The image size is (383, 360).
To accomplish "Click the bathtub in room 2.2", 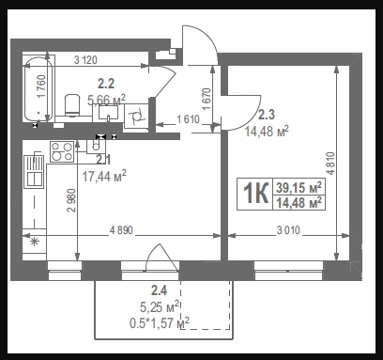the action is pyautogui.click(x=38, y=88).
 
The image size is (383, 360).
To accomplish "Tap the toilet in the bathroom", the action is pyautogui.click(x=72, y=105).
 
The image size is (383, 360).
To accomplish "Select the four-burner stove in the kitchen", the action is pyautogui.click(x=62, y=151).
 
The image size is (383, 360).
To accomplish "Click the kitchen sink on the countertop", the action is pyautogui.click(x=34, y=170).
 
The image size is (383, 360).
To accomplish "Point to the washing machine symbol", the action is pyautogui.click(x=136, y=117).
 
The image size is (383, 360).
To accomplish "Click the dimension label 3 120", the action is pyautogui.click(x=85, y=59).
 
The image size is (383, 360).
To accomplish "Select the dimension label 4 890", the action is pyautogui.click(x=121, y=230).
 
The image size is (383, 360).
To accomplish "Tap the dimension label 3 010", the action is pyautogui.click(x=288, y=230).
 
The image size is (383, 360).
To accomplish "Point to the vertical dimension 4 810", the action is pyautogui.click(x=330, y=163).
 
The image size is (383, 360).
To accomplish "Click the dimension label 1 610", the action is pyautogui.click(x=188, y=119).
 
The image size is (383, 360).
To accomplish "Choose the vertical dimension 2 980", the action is pyautogui.click(x=71, y=200).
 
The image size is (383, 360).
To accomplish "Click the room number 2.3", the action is pyautogui.click(x=267, y=115).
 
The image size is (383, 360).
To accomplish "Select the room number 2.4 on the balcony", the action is pyautogui.click(x=159, y=290).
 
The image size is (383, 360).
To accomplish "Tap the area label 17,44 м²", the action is pyautogui.click(x=104, y=176).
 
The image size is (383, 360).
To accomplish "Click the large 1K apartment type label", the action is pyautogui.click(x=256, y=194).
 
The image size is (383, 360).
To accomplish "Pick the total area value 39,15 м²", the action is pyautogui.click(x=299, y=187).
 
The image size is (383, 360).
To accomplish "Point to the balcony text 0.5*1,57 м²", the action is pyautogui.click(x=160, y=322).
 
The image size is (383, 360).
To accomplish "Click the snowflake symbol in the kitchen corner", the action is pyautogui.click(x=35, y=242).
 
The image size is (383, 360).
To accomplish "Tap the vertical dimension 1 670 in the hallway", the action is pyautogui.click(x=207, y=99).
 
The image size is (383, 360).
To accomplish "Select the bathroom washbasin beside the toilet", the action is pyautogui.click(x=108, y=112).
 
